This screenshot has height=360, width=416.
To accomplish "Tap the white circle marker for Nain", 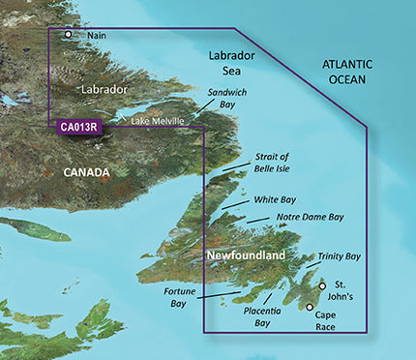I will coord(68,35).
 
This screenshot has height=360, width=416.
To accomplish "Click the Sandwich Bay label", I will coord(227,99).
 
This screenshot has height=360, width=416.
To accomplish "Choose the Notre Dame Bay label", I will coord(309,218).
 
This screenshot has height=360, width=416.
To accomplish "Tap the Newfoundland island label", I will coord(244,255).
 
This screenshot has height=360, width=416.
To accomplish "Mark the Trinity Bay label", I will coord(339,256).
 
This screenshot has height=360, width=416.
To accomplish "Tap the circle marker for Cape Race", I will coord(310,307).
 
